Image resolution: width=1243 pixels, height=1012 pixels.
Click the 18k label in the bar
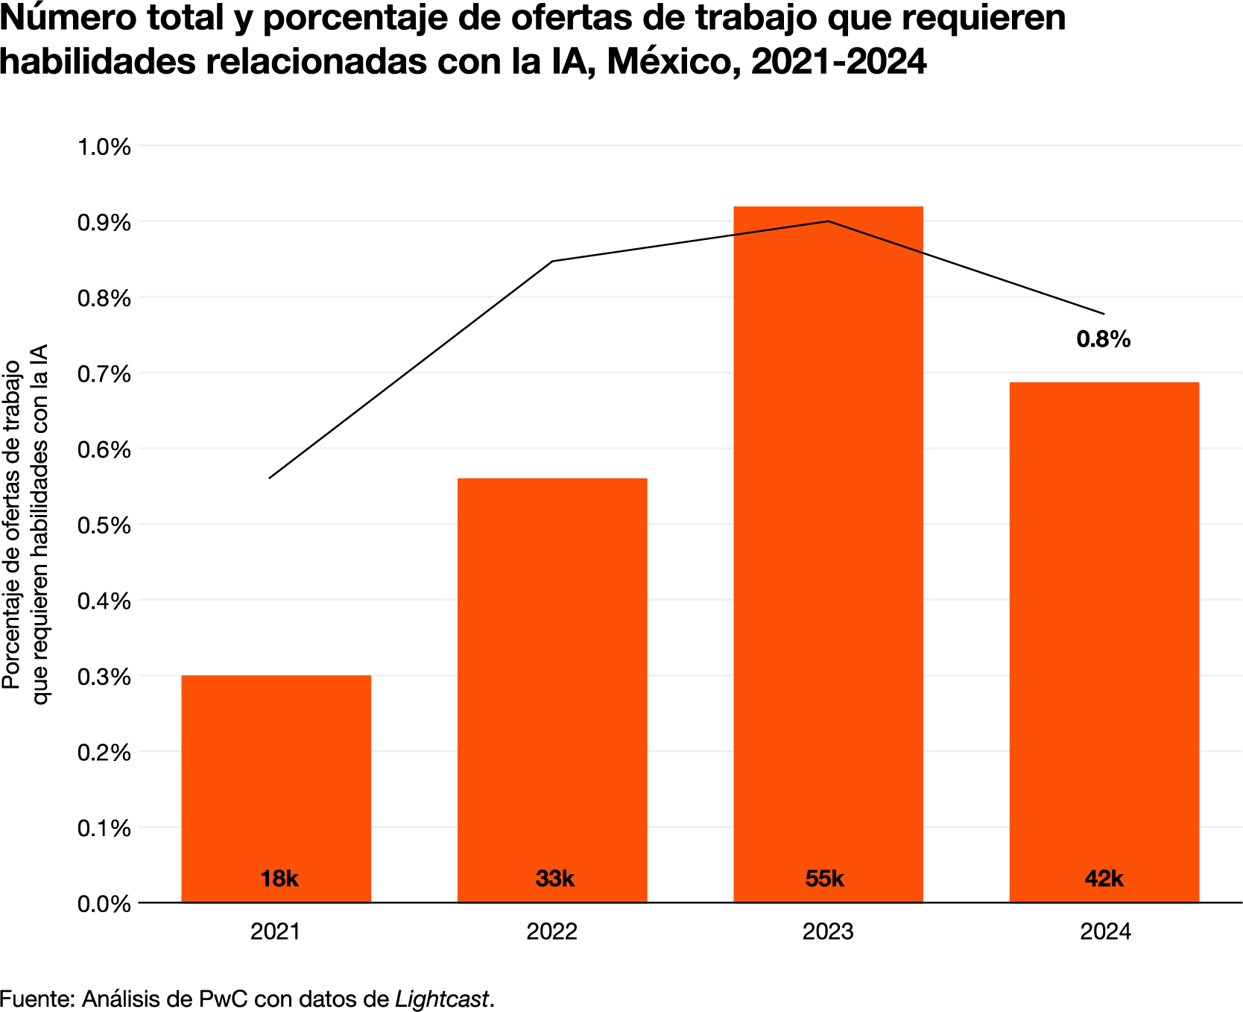(x=279, y=879)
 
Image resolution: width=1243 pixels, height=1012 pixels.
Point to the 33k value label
(x=554, y=879)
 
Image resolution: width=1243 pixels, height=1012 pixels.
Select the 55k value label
(x=824, y=879)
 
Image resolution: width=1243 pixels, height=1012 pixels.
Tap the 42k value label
(x=1104, y=879)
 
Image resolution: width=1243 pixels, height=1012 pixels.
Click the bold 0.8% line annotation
(x=1103, y=340)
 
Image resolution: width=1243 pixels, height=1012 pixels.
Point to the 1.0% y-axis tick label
(x=104, y=147)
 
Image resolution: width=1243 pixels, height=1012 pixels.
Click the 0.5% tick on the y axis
(x=104, y=525)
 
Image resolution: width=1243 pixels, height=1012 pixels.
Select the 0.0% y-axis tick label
(x=104, y=904)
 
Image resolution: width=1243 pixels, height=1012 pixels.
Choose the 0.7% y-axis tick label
(x=104, y=374)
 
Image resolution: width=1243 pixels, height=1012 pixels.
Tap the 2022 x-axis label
(x=552, y=932)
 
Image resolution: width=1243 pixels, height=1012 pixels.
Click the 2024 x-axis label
(x=1105, y=932)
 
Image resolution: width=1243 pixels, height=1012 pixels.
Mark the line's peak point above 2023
(x=828, y=221)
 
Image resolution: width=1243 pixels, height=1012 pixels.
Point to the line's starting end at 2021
(x=270, y=478)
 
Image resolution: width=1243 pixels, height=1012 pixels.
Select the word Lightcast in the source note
(x=442, y=999)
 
